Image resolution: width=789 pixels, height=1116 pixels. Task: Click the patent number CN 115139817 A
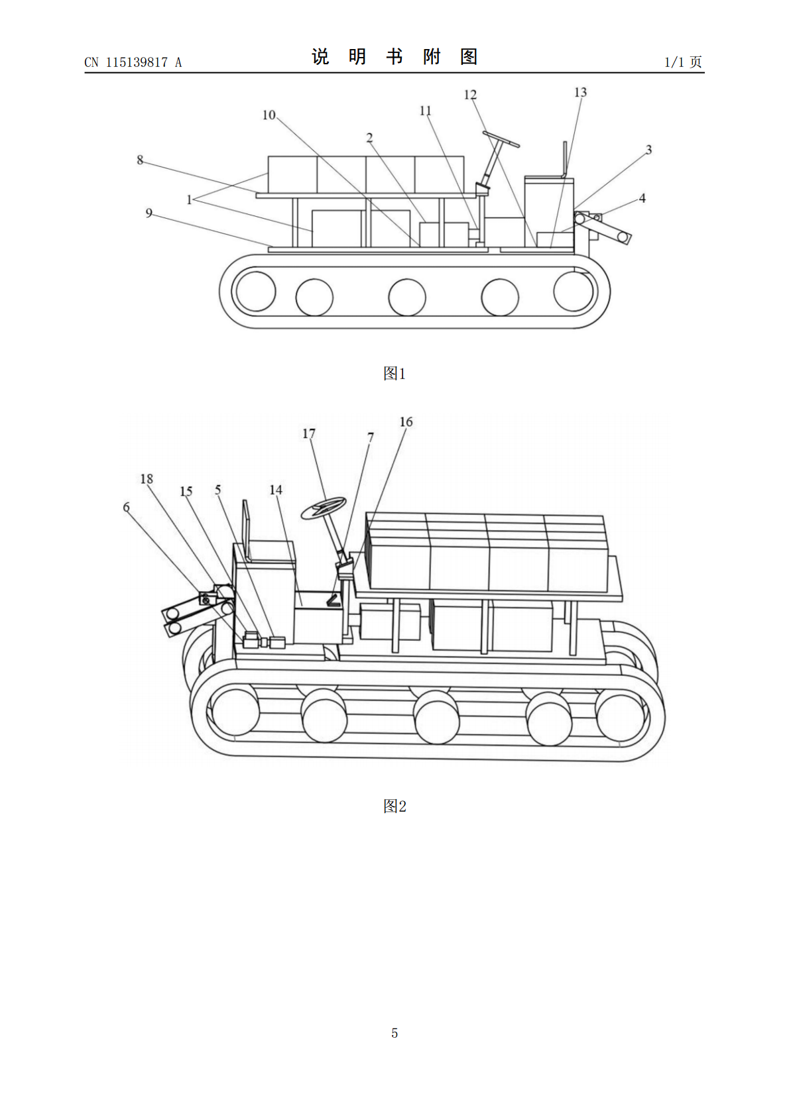[133, 62]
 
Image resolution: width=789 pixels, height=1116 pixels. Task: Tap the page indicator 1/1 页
[683, 62]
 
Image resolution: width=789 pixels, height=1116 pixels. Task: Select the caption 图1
[394, 373]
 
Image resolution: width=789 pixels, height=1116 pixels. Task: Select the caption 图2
[394, 806]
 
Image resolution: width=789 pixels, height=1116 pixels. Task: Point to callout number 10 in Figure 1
[269, 115]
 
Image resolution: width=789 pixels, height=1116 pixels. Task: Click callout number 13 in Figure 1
[580, 92]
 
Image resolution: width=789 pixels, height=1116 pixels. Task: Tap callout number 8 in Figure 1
[140, 160]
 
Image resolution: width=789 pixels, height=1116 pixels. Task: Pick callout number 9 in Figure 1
[149, 213]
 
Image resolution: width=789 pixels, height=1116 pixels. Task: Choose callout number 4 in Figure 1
[642, 198]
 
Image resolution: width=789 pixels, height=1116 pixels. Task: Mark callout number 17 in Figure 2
[309, 433]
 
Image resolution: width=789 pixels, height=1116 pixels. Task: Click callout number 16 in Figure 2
[406, 421]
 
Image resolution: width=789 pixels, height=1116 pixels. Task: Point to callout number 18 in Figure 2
[147, 478]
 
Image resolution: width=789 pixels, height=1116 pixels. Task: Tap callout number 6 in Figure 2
[126, 507]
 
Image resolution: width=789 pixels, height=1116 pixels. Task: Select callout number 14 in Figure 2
[276, 490]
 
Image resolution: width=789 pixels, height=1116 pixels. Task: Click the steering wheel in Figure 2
[324, 508]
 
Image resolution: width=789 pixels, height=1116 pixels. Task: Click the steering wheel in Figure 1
[501, 139]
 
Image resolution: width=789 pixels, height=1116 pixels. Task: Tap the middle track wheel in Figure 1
[407, 297]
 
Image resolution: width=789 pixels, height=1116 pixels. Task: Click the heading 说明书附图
[394, 56]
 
